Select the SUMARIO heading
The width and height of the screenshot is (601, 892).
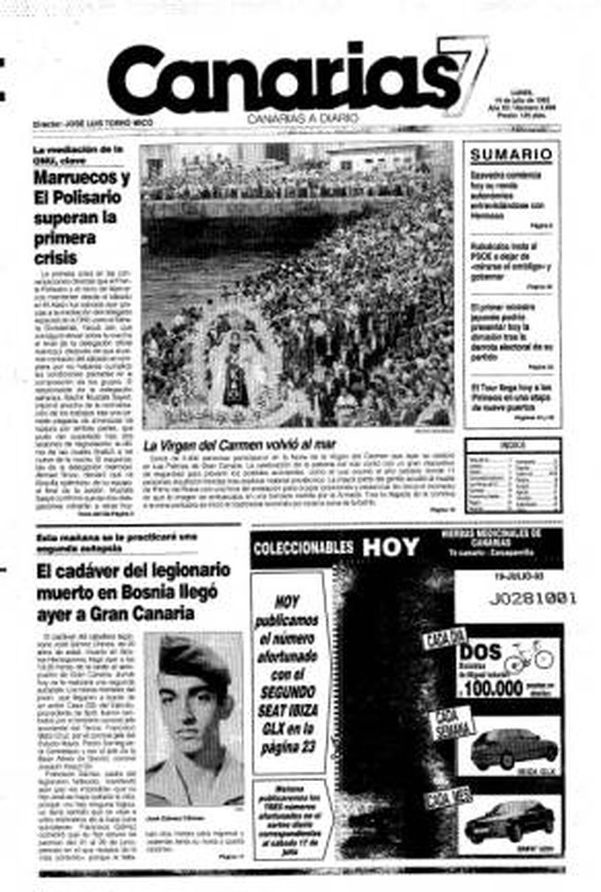pos(511,155)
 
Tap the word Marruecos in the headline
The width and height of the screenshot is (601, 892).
pos(82,178)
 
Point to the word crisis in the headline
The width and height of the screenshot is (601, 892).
pos(55,258)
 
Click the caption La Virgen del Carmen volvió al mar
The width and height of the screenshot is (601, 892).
pos(239,445)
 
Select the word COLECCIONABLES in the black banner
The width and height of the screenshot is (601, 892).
pos(303,548)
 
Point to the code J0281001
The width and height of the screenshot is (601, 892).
pos(532,599)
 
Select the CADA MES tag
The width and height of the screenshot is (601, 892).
pos(448,799)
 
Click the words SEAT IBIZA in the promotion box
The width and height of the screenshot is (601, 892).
pos(288,711)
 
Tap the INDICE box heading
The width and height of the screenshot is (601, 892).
pos(512,445)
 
